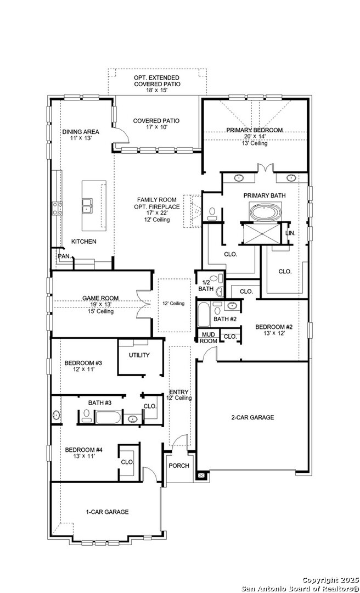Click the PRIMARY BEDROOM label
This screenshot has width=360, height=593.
click(x=255, y=130)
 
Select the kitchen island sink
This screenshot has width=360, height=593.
click(x=87, y=206)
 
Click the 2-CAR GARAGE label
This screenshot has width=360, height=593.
click(x=252, y=417)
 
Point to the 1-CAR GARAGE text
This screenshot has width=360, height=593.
click(x=107, y=512)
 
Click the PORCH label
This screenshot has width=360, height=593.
click(x=179, y=466)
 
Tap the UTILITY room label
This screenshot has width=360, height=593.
click(x=139, y=355)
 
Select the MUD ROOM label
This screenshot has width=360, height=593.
click(x=208, y=337)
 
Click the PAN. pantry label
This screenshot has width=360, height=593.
click(x=64, y=256)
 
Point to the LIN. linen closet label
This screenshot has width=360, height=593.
click(x=290, y=233)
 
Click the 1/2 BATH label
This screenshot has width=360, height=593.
click(x=206, y=285)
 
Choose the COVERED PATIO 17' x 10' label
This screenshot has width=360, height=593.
click(x=156, y=124)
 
